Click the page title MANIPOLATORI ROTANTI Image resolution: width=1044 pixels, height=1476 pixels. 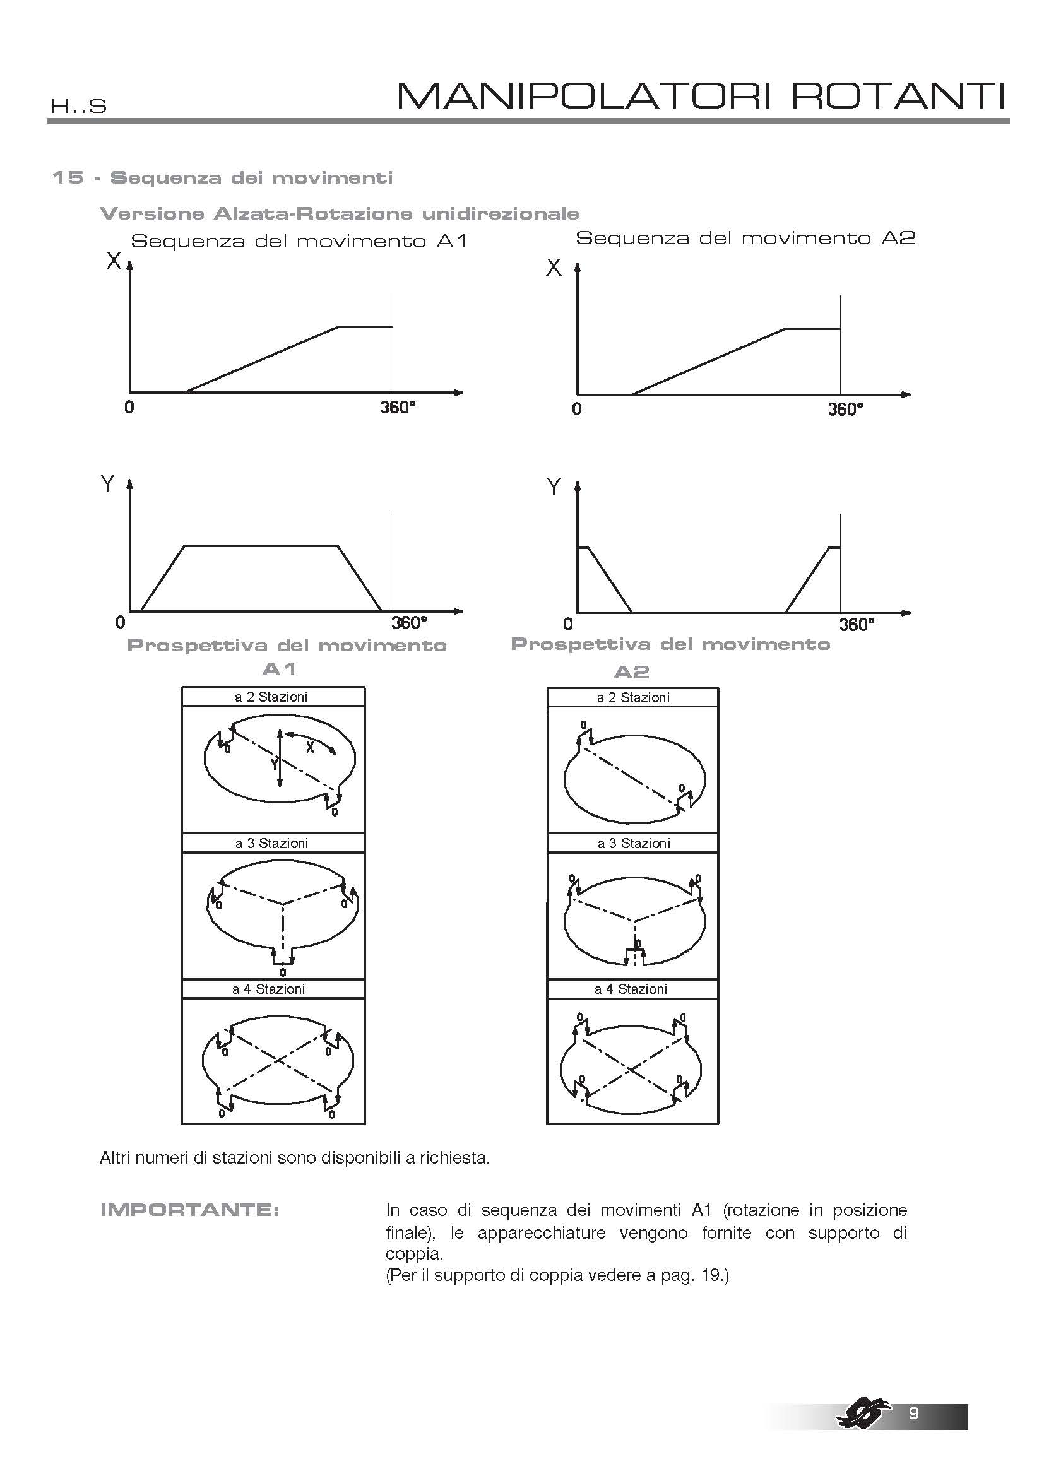click(x=701, y=97)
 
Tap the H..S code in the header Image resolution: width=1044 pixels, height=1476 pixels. click(x=78, y=106)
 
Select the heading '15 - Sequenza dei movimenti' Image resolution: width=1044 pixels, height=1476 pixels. click(x=222, y=177)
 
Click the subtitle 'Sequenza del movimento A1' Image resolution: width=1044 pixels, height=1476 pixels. click(x=299, y=242)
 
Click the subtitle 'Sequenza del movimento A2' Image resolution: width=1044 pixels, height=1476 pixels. click(x=745, y=238)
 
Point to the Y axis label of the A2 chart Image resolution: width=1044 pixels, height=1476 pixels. click(x=553, y=487)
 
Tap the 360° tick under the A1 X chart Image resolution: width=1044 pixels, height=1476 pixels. click(x=397, y=408)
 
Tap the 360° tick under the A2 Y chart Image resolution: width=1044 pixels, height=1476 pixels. click(x=857, y=624)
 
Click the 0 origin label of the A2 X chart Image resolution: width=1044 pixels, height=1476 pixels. click(x=577, y=410)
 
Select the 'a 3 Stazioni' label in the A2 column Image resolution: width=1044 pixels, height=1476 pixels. click(x=633, y=844)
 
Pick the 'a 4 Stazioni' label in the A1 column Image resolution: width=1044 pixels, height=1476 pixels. click(x=269, y=989)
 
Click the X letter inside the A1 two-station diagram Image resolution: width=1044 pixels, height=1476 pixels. click(x=310, y=747)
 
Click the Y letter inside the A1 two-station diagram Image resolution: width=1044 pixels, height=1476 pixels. click(x=274, y=764)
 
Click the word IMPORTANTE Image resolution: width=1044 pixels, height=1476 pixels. click(x=189, y=1210)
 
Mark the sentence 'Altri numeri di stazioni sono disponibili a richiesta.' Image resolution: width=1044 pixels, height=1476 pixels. click(x=295, y=1158)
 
